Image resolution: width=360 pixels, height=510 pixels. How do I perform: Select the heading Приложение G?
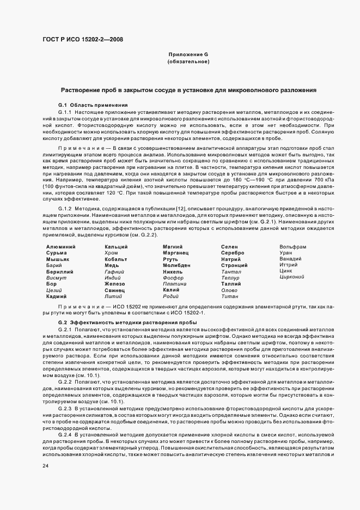(x=188, y=55)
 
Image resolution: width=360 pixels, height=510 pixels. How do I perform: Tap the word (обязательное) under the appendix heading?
(x=188, y=62)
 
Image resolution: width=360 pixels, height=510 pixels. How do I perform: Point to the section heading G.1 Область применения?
(x=93, y=105)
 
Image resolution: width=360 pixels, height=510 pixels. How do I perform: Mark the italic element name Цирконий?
(x=291, y=277)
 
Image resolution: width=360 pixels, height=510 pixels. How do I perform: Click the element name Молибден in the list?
(x=176, y=265)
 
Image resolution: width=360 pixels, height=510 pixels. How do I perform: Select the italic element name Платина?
(x=174, y=284)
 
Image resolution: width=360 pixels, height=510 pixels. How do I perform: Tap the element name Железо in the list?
(x=114, y=284)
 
